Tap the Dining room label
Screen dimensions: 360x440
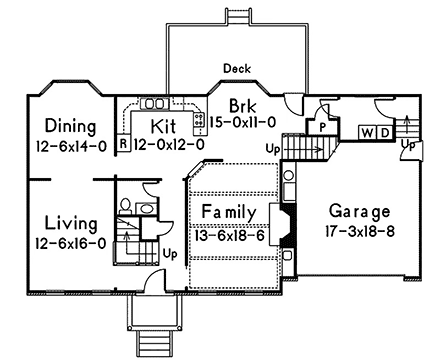(x=62, y=127)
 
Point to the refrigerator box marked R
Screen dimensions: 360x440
(x=122, y=143)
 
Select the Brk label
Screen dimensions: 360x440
(x=243, y=105)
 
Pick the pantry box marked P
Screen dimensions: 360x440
(x=323, y=127)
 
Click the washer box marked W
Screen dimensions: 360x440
(x=366, y=132)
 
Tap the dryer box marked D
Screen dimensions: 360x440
(x=382, y=132)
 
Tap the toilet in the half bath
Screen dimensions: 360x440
(x=125, y=205)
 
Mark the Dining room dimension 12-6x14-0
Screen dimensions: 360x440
(x=62, y=145)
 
